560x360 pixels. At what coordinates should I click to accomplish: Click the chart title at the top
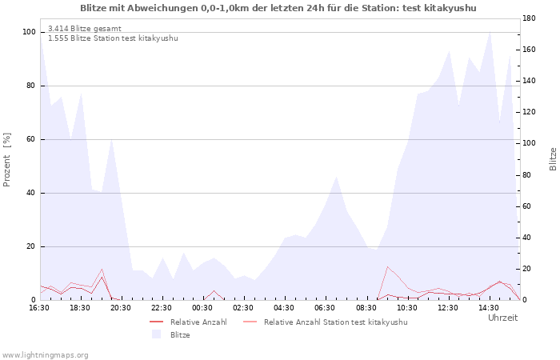point(278,8)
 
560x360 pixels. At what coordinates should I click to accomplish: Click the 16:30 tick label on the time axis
point(39,308)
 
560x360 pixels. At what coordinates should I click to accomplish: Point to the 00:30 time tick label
point(202,308)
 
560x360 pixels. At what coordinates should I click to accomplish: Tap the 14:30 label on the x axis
point(489,308)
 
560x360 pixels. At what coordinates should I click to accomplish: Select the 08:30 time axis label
point(366,308)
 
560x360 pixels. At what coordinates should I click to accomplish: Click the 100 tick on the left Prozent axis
point(29,32)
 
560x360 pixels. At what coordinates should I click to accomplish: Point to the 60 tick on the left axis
point(31,139)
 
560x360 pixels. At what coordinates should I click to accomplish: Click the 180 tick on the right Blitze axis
point(529,18)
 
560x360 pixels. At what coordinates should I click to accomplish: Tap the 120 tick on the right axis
point(529,112)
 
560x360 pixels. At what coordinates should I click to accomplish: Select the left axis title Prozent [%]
point(6,160)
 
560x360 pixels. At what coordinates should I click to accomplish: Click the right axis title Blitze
point(553,159)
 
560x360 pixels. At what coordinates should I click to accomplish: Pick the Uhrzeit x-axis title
point(503,318)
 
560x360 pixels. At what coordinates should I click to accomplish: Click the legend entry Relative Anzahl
point(188,322)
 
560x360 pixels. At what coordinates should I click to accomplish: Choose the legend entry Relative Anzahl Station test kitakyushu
point(325,322)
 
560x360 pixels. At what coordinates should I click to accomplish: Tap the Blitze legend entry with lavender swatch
point(170,334)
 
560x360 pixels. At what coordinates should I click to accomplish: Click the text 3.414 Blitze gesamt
point(85,29)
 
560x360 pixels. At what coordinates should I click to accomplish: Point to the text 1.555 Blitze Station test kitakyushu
point(113,38)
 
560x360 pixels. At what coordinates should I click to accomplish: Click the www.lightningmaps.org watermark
point(44,355)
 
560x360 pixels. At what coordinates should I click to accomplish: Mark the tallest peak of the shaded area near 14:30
point(490,32)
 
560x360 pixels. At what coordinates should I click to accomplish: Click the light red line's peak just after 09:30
point(387,266)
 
